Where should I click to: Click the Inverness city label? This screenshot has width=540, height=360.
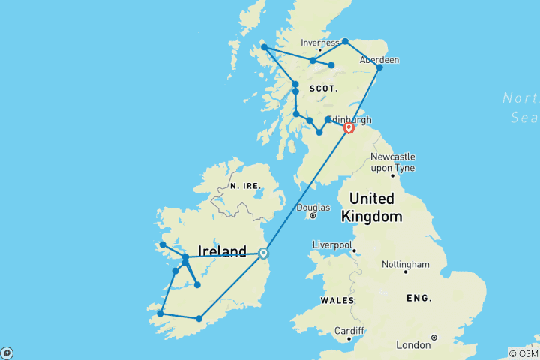tap(320, 43)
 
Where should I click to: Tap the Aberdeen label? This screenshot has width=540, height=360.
tap(379, 59)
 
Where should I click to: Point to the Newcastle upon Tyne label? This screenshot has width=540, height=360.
tap(393, 161)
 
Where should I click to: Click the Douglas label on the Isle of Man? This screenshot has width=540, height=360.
tap(313, 208)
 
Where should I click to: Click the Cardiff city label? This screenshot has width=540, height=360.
tap(350, 331)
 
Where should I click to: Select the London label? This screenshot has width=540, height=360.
tap(412, 345)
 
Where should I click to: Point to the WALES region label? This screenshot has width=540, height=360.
tap(337, 300)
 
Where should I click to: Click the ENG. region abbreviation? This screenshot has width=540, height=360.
tap(419, 298)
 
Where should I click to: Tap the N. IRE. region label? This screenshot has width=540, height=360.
tap(245, 186)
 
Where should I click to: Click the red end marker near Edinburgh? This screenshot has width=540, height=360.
tap(349, 128)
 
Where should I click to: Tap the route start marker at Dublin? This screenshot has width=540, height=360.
tap(263, 253)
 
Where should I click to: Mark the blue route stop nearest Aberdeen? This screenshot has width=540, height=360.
tap(379, 68)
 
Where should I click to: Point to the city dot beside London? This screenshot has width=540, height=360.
tap(433, 337)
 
